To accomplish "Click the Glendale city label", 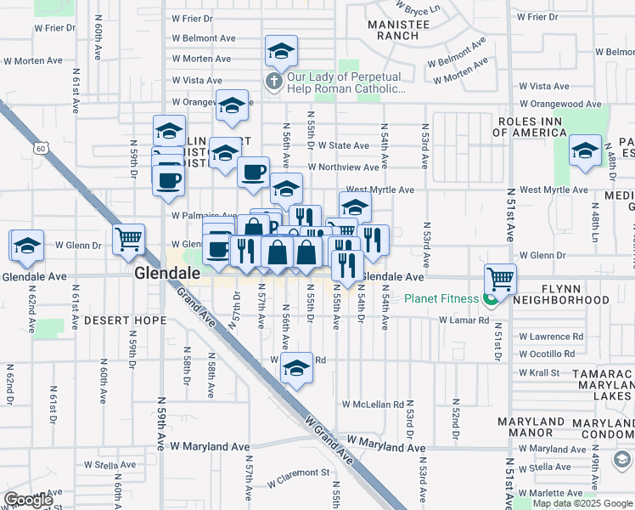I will click(167, 275).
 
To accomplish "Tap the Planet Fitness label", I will click(439, 298).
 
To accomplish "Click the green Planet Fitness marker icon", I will click(490, 298).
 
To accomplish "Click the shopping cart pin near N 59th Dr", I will click(128, 240).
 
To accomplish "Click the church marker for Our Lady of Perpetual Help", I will click(273, 82).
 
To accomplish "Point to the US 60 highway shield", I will click(42, 149).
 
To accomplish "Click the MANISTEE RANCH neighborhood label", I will click(393, 30).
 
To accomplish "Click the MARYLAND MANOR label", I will click(543, 427).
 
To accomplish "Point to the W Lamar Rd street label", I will click(464, 320).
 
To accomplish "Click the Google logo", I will click(28, 500).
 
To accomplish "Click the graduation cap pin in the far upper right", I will click(585, 150).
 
